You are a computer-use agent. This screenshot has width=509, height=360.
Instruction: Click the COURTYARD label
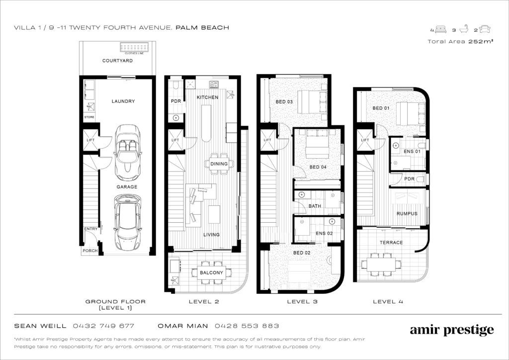click(x=117, y=61)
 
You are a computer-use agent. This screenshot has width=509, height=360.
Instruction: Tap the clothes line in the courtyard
click(x=134, y=47)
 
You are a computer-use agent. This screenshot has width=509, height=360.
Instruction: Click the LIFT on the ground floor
click(x=90, y=140)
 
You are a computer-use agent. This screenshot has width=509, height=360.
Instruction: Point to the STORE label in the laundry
click(x=89, y=117)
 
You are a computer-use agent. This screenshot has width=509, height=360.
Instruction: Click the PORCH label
click(x=90, y=251)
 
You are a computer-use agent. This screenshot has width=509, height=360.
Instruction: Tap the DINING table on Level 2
click(x=219, y=164)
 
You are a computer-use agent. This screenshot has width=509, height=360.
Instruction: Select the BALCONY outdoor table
click(x=211, y=272)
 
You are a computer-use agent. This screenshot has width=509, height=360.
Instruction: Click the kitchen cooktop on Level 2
click(x=214, y=85)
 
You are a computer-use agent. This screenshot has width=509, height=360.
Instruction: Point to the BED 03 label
click(x=284, y=101)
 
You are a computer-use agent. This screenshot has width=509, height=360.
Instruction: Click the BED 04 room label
click(x=318, y=167)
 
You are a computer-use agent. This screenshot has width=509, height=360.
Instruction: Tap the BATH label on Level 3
click(x=315, y=206)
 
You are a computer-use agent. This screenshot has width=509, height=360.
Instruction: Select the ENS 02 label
click(x=324, y=233)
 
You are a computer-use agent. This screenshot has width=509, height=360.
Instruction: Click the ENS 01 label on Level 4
click(x=412, y=152)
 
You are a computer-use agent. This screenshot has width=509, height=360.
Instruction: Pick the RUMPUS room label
click(x=407, y=214)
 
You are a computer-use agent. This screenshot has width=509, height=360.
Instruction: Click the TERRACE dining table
click(x=381, y=264)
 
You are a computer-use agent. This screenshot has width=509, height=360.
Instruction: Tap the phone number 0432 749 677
click(x=103, y=326)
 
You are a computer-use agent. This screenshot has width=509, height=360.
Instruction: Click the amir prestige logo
click(x=452, y=331)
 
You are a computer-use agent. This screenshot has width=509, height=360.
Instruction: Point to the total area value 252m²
click(x=481, y=42)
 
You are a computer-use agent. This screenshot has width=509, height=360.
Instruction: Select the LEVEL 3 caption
click(x=302, y=301)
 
